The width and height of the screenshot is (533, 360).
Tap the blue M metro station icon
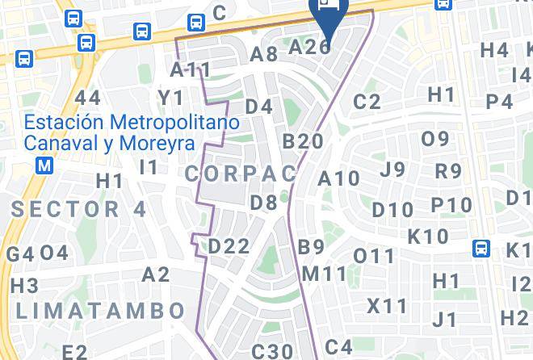pos(45,165)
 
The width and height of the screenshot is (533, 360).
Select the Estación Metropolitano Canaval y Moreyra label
pos(132,133)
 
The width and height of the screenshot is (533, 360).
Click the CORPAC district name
pos(241,174)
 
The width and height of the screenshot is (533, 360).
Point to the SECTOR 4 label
pos(79,209)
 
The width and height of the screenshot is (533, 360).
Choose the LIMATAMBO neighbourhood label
pos(100,310)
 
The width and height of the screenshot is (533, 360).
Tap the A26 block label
pos(309,47)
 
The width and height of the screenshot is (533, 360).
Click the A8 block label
pos(264,54)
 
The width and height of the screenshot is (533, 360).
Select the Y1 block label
pos(171,98)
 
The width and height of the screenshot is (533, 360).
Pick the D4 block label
pos(259,106)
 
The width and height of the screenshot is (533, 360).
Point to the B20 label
pos(303,141)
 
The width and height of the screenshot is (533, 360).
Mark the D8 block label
pos(264,203)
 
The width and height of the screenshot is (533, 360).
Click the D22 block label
pos(229,246)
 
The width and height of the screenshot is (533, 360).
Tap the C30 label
pos(271,351)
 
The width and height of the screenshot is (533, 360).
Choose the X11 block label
pos(388,307)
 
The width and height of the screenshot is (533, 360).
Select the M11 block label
pos(325,274)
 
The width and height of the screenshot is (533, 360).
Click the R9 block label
pos(448,171)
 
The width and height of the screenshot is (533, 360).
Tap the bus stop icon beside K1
pos(482,247)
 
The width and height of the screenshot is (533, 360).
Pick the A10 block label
pos(339,178)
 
